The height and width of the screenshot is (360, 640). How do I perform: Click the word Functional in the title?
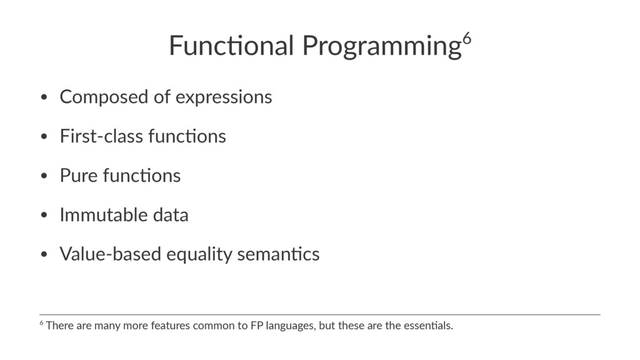coord(231,45)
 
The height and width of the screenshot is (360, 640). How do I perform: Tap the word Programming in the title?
coord(382,46)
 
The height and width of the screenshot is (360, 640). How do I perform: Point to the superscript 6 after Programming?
coord(467,38)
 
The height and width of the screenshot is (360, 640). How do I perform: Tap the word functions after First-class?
coord(187,136)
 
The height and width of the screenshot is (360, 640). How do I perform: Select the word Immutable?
coord(104,215)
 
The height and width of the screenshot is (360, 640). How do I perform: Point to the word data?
coord(171,215)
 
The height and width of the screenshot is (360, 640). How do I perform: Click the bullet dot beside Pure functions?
coord(44,176)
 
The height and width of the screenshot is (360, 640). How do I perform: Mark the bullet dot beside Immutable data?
coord(44,215)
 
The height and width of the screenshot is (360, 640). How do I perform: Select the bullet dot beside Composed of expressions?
coord(44,97)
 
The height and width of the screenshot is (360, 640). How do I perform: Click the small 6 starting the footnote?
coord(42,323)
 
